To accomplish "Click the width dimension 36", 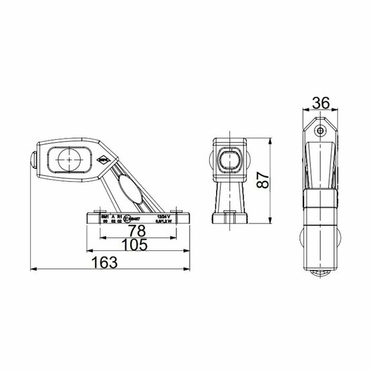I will pos(320,104).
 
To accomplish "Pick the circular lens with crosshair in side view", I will pos(67,160).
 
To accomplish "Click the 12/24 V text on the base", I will pos(163,215).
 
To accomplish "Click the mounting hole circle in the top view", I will pos(321,130).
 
